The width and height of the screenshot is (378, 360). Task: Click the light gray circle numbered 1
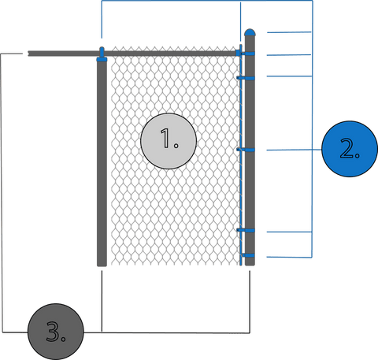[x=169, y=141]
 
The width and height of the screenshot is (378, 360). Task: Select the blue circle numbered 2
[x=350, y=149]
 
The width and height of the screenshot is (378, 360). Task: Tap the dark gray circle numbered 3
[x=56, y=332]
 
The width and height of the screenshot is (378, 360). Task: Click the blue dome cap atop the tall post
[x=250, y=32]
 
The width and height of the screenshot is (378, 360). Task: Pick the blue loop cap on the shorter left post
[x=102, y=54]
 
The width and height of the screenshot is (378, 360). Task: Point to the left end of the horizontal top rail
[x=28, y=54]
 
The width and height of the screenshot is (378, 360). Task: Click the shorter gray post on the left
[x=102, y=164]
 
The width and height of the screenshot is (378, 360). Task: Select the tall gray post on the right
[x=250, y=150]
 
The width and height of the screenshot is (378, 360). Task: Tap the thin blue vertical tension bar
[x=241, y=155]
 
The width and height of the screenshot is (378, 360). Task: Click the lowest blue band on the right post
[x=248, y=255]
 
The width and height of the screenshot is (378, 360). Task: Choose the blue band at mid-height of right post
[x=246, y=150]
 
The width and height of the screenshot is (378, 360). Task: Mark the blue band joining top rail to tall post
[x=245, y=54]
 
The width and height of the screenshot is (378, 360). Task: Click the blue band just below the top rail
[x=246, y=78]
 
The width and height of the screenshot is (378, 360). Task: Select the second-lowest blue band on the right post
[x=246, y=230]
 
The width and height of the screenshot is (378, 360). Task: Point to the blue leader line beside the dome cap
[x=289, y=32]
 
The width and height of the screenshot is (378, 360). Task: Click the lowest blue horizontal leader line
[x=289, y=257]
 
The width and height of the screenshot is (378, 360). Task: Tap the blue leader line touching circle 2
[x=295, y=150]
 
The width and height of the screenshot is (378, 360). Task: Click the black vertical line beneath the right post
[x=250, y=302]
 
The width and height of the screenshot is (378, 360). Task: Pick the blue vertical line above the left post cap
[x=102, y=20]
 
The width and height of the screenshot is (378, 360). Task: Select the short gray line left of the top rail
[x=12, y=54]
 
